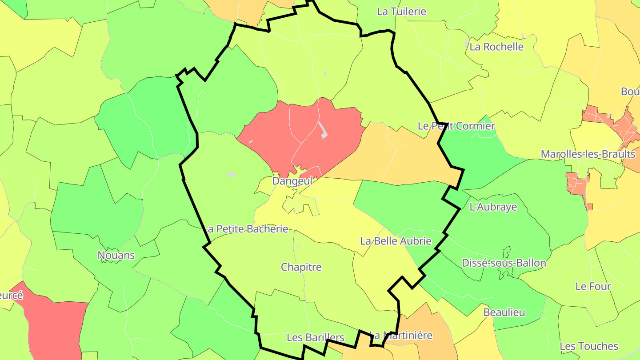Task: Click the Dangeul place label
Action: click(x=292, y=181)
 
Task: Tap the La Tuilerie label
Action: click(x=401, y=12)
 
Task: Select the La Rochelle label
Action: click(x=496, y=47)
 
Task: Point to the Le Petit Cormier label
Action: click(x=456, y=126)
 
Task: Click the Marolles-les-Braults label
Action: click(x=588, y=154)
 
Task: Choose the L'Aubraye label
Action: click(x=493, y=207)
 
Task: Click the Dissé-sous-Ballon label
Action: click(x=504, y=263)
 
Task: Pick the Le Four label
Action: click(x=593, y=286)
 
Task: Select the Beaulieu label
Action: click(x=504, y=312)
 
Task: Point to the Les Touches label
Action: click(x=588, y=346)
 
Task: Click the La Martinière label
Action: click(x=401, y=335)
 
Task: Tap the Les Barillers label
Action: click(x=315, y=337)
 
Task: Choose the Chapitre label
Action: click(x=301, y=267)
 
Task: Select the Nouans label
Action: click(x=116, y=256)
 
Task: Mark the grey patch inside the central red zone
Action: click(x=323, y=129)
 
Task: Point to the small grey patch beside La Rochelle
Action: click(x=466, y=44)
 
